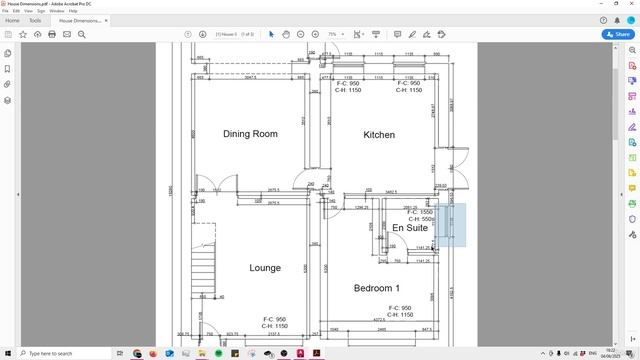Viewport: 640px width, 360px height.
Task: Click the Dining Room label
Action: pos(250,134)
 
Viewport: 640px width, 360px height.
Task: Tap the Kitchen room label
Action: pos(379,134)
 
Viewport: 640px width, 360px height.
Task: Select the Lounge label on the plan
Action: pos(265,268)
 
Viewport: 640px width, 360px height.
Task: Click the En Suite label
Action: pos(409,228)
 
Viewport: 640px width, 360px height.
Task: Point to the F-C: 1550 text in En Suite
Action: pos(420,212)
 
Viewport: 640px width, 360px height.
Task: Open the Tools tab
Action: pos(36,20)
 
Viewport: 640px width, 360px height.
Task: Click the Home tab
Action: pos(13,20)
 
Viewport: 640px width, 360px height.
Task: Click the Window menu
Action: pos(58,10)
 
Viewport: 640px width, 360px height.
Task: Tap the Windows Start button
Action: pos(7,353)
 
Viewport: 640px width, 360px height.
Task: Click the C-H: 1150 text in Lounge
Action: pos(274,326)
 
